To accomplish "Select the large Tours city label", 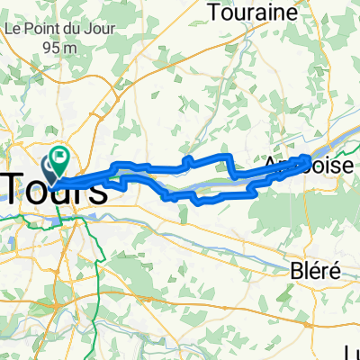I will pos(56,188).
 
